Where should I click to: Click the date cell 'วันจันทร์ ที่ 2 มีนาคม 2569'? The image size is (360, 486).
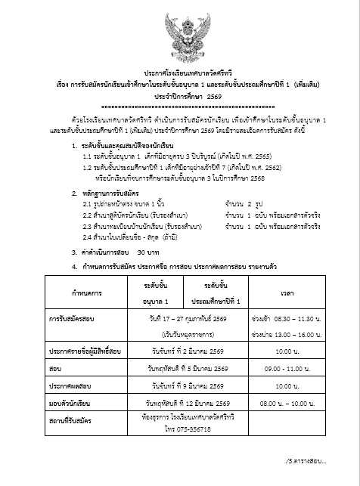(179, 351)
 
